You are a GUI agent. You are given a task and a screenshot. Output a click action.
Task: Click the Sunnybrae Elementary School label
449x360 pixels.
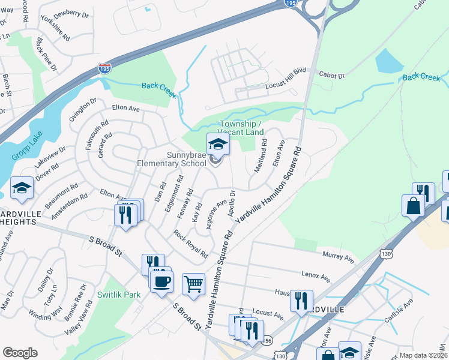point(172,158)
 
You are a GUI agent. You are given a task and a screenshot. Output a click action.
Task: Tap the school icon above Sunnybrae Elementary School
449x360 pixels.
point(217,144)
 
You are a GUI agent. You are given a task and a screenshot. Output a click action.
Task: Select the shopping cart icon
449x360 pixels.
point(193,284)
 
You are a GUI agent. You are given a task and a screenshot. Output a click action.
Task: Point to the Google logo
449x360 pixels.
point(20,353)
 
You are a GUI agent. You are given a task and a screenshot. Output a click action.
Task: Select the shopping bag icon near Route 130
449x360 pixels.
point(414,206)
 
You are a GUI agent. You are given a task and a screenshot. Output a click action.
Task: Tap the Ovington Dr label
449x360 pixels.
point(82,110)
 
